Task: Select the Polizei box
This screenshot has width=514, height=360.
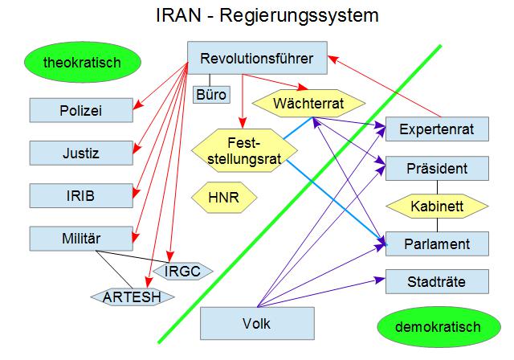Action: [80, 111]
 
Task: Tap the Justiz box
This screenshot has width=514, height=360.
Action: [80, 153]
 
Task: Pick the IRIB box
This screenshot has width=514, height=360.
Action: [80, 195]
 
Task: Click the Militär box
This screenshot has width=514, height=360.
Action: [80, 238]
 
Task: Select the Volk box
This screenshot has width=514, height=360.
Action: [255, 325]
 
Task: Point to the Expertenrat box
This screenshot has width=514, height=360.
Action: [438, 129]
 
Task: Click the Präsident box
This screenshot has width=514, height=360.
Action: [438, 170]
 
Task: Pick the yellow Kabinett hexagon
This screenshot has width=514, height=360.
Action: [438, 207]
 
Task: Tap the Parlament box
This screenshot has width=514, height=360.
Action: [438, 243]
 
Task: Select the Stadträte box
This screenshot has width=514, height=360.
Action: [438, 281]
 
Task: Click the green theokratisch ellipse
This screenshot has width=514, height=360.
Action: [82, 61]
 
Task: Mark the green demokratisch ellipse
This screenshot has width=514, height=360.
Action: [438, 327]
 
